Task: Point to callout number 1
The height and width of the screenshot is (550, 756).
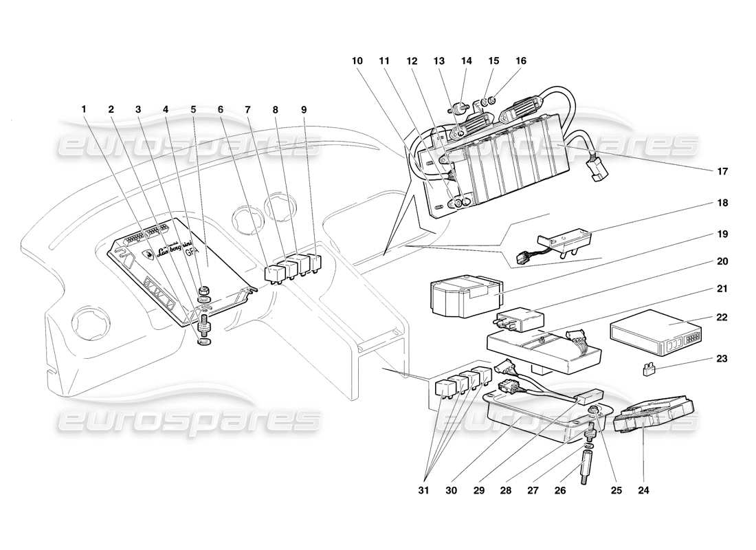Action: tap(84, 109)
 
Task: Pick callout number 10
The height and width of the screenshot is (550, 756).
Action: tap(357, 60)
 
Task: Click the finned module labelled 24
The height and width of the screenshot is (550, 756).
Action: tap(653, 415)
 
